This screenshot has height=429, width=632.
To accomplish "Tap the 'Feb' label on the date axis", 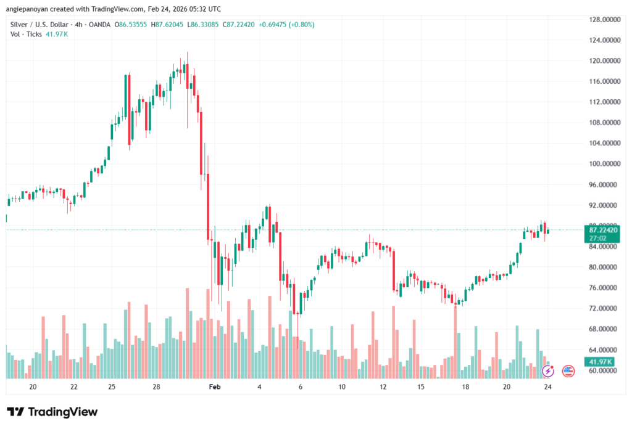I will tap(215, 386).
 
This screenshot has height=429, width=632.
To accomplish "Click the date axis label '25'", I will tap(112, 386).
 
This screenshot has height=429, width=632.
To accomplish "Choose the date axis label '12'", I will tap(383, 386).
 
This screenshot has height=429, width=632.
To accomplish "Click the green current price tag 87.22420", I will tap(603, 229).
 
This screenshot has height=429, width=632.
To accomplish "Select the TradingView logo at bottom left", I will tap(52, 412).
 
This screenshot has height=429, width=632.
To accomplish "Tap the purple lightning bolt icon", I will tap(547, 371).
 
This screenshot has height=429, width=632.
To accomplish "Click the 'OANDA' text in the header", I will tap(99, 24).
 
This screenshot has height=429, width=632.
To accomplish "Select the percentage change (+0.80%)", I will tap(300, 24).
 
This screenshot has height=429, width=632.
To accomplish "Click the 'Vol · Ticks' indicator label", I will tap(25, 34).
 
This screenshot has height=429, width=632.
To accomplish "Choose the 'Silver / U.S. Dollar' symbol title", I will tap(40, 24).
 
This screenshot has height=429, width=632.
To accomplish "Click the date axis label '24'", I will tap(547, 386).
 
